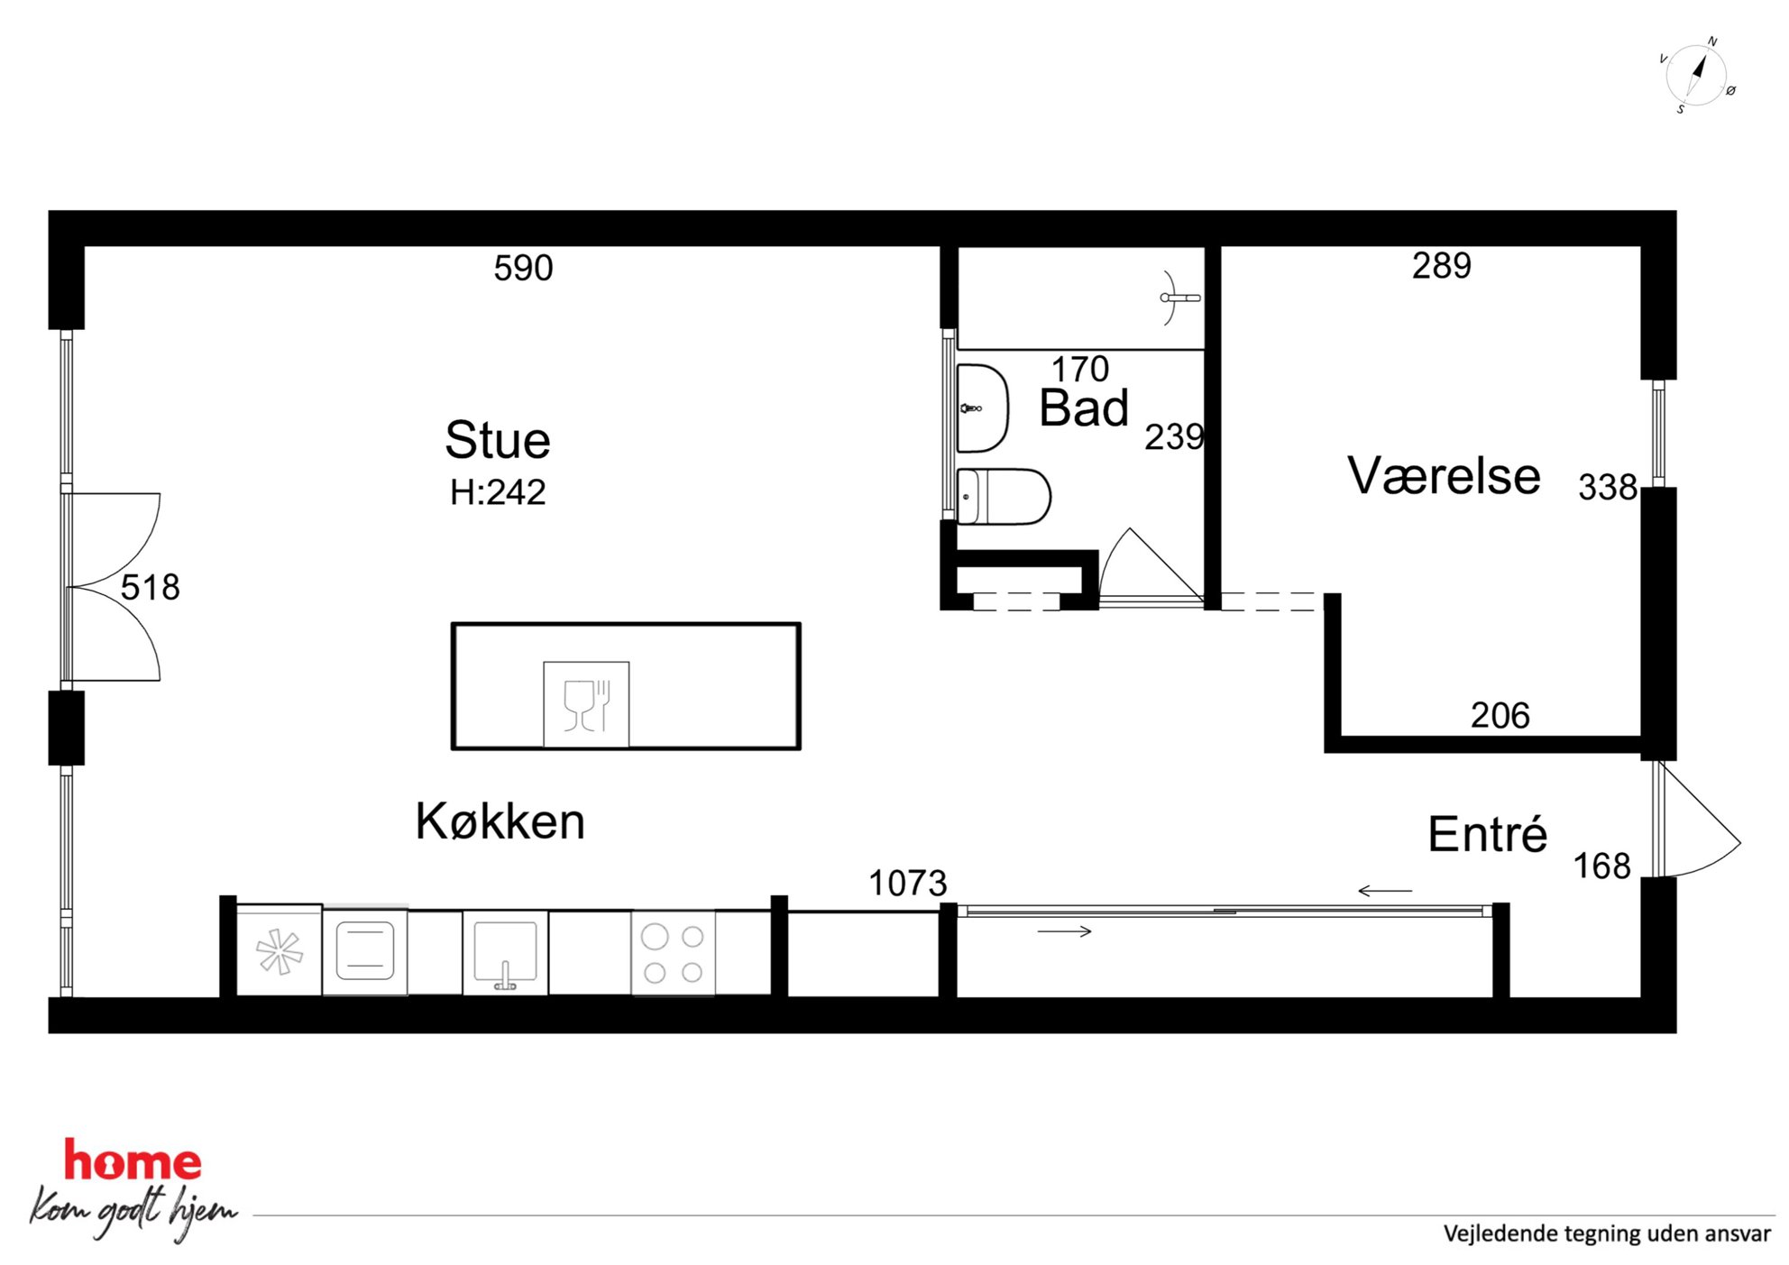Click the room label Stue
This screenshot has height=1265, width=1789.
(x=497, y=440)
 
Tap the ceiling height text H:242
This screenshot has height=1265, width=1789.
(x=498, y=492)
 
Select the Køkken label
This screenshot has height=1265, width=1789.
(x=500, y=821)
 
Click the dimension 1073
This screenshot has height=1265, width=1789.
(x=907, y=883)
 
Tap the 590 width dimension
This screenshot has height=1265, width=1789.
(x=523, y=268)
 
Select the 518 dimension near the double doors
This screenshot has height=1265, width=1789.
(x=150, y=587)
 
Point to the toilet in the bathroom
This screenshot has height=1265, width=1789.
(x=1004, y=496)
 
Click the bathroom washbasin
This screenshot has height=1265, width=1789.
(x=982, y=408)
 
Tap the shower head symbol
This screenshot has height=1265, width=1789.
(x=1177, y=298)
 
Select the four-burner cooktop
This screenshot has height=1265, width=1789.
(x=673, y=954)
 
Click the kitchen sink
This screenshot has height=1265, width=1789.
(x=505, y=954)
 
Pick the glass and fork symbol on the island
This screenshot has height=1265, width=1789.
(x=586, y=705)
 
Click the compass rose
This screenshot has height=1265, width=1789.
(x=1696, y=76)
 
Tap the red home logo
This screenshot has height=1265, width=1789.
(x=133, y=1161)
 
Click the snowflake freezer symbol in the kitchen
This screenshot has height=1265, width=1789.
(x=280, y=952)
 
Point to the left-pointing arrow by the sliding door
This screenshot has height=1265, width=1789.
(x=1385, y=891)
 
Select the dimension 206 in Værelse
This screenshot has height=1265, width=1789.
(x=1500, y=715)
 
